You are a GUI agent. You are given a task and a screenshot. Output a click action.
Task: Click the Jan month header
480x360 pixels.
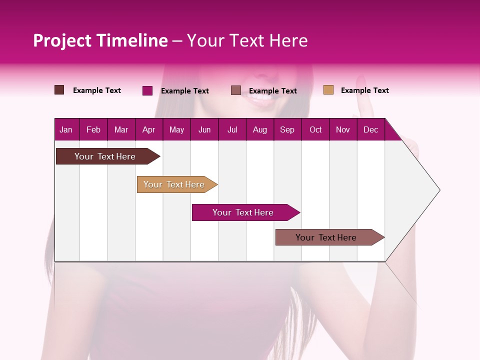[66, 129]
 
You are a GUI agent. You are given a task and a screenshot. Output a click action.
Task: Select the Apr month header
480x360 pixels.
[148, 129]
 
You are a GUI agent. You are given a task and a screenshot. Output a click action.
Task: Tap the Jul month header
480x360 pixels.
[232, 129]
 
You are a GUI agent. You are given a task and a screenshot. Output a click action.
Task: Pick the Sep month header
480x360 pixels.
[287, 129]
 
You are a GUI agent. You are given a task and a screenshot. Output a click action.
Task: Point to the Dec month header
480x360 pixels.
[370, 129]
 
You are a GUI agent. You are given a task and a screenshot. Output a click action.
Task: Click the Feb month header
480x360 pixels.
[93, 129]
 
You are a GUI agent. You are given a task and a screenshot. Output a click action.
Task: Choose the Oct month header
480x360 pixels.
[315, 129]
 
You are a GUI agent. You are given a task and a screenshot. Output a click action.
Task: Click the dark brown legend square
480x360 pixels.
[59, 90]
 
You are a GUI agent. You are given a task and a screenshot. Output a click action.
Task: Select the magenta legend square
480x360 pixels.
[147, 90]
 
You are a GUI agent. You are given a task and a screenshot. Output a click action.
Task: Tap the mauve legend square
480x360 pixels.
[236, 90]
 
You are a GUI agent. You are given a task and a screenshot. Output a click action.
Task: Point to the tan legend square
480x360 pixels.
[328, 90]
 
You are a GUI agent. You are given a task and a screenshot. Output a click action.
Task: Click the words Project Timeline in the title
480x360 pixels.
[100, 40]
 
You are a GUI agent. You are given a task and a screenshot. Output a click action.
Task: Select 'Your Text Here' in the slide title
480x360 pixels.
[247, 40]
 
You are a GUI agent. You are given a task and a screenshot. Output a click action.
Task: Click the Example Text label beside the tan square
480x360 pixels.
[364, 90]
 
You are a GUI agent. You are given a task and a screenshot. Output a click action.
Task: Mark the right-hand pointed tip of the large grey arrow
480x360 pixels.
[439, 190]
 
